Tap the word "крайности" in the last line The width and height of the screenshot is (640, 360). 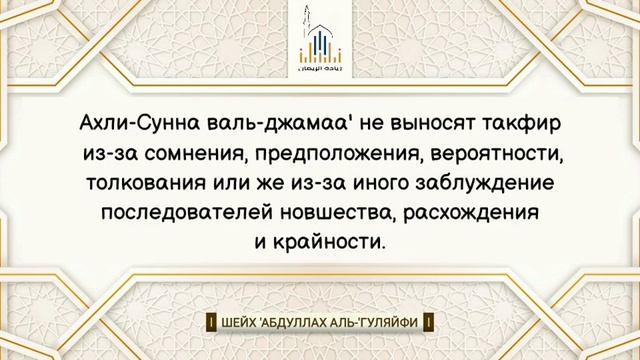[330, 243]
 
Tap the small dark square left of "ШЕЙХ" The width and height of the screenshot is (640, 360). [212, 323]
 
